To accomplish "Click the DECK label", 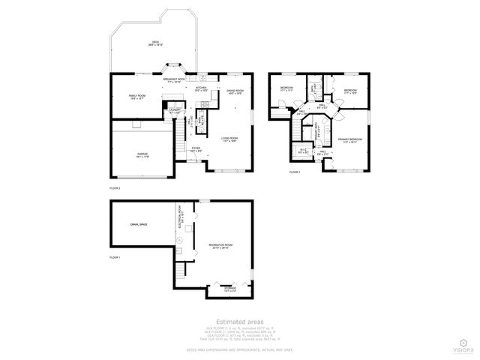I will pos(156,43).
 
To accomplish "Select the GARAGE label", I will pos(142,155).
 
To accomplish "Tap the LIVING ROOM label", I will pos(229,139).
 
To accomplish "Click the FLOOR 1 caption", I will pos(115,258).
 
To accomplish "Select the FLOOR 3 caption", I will pos(295,172).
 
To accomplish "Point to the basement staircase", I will pos(181,270).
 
